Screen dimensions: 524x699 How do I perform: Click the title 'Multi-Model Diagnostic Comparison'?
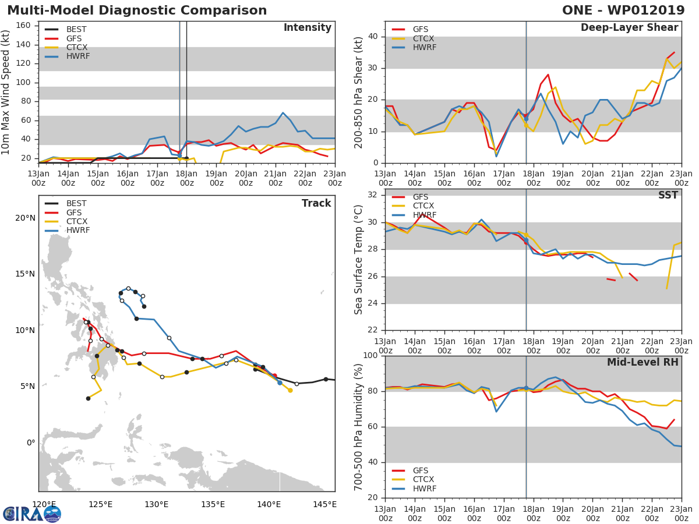tap(137, 10)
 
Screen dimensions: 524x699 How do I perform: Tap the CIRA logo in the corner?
tap(32, 514)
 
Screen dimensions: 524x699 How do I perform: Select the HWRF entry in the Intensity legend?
tap(78, 56)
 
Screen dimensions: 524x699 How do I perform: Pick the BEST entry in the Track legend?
tap(76, 204)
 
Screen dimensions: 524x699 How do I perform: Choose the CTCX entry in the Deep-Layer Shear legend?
tap(424, 38)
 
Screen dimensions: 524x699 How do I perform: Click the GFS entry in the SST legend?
tap(421, 197)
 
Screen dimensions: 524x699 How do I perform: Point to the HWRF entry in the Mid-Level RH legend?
tap(424, 488)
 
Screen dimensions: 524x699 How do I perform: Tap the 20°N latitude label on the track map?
tap(26, 218)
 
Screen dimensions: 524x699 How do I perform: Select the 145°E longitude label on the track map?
tap(324, 504)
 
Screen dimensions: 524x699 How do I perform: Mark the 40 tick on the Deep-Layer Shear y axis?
tap(373, 37)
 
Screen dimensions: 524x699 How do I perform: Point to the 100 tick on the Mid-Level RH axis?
tap(370, 356)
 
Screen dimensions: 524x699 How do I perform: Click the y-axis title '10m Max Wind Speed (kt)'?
tap(6, 92)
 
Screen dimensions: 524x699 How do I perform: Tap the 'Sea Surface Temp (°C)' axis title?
tap(359, 260)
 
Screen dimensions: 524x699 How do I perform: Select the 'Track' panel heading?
tap(316, 203)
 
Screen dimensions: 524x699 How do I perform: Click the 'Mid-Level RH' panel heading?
tap(642, 362)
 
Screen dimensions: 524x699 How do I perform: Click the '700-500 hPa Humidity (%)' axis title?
tap(359, 427)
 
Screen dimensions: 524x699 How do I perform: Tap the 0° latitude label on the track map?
tap(31, 442)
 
